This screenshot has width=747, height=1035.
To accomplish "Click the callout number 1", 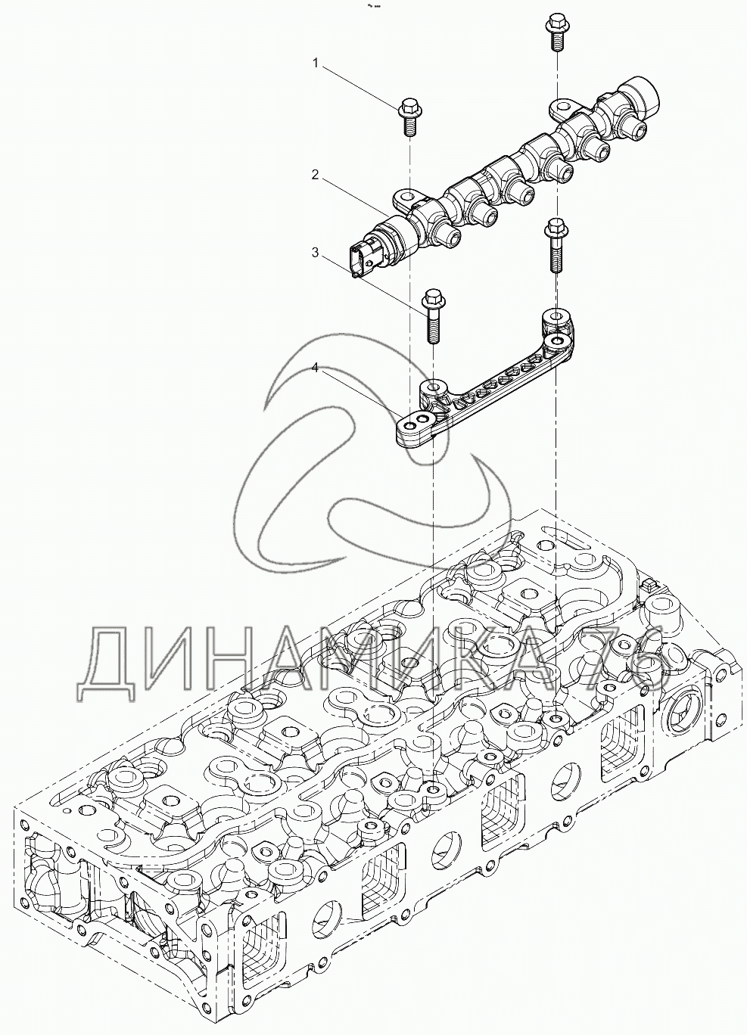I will coord(316,63).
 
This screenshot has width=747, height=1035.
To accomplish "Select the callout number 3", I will coord(316,252).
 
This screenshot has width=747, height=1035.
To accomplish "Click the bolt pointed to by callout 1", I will coord(408,117).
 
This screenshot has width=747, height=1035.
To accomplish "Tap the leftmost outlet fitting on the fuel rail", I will coord(450,241).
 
